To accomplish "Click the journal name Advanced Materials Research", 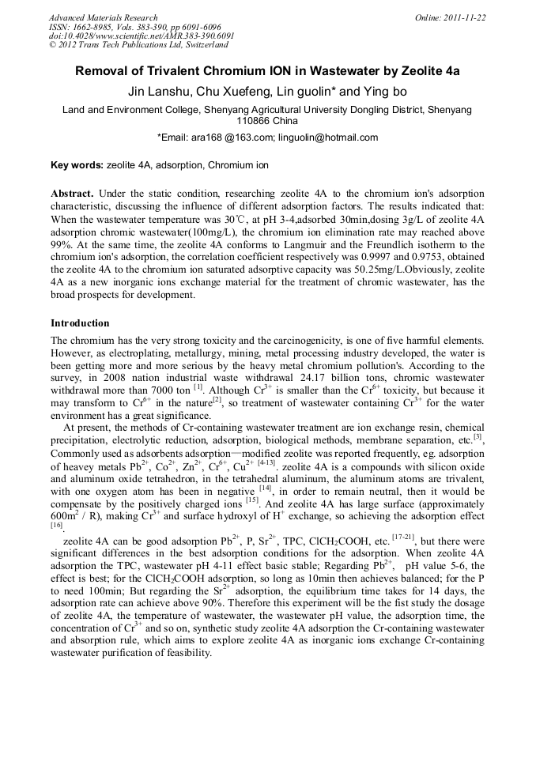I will [104, 17].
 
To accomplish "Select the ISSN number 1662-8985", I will [94, 27].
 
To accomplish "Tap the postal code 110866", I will [254, 121].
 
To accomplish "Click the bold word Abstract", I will [72, 194].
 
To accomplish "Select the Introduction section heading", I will [80, 323].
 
